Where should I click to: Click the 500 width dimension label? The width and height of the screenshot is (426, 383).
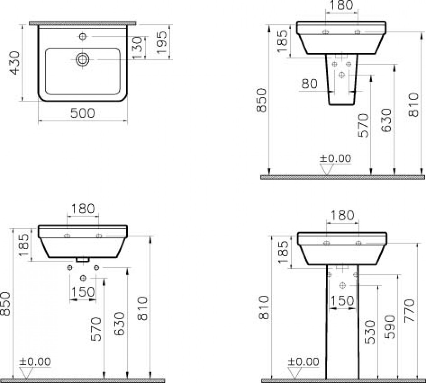tap(82, 113)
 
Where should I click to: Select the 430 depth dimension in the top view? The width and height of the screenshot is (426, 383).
tap(15, 62)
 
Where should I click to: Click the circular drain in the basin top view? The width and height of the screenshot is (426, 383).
tap(83, 60)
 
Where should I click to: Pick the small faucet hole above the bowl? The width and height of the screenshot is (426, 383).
tap(83, 36)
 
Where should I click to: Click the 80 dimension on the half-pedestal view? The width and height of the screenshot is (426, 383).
tap(309, 83)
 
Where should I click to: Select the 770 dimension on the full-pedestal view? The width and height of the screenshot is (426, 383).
tap(409, 311)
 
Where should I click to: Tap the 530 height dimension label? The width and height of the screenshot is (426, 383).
tap(370, 332)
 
